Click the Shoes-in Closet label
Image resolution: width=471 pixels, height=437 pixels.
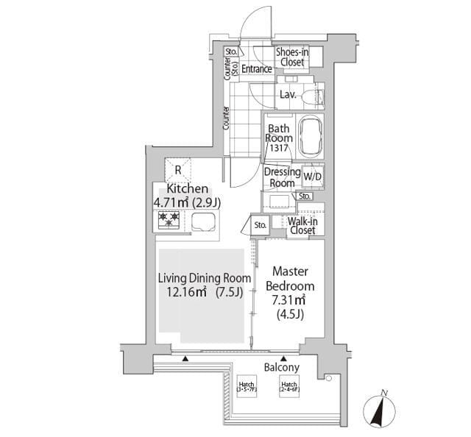tap(291, 57)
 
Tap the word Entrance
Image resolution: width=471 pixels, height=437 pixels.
tap(257, 69)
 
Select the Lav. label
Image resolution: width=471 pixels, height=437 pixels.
tap(288, 95)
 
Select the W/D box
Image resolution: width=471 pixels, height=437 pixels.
tap(312, 177)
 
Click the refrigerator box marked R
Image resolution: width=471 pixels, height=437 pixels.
tap(177, 170)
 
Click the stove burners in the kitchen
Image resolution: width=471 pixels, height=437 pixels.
tap(169, 219)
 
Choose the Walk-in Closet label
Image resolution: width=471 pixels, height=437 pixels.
tap(302, 225)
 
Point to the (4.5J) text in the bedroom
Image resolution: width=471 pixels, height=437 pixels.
tap(289, 313)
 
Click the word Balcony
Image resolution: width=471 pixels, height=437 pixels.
tap(281, 366)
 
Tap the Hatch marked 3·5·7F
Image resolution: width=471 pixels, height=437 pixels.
tap(246, 386)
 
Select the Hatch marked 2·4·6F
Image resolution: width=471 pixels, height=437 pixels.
tap(288, 386)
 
